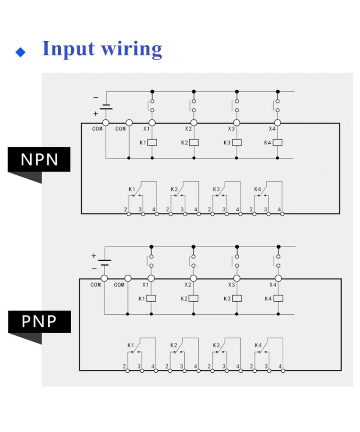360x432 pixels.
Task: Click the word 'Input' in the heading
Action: click(68, 49)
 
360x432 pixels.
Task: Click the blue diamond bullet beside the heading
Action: click(21, 52)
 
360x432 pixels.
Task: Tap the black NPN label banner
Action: click(39, 159)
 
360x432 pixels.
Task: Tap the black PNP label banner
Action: click(39, 321)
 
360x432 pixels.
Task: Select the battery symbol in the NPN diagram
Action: click(106, 107)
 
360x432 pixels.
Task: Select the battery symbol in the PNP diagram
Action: click(105, 262)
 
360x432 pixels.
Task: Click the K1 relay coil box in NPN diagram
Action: click(152, 143)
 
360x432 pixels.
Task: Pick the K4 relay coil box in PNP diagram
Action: click(278, 298)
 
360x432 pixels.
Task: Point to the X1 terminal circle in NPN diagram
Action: click(152, 123)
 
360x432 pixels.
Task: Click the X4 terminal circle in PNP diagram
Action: click(278, 278)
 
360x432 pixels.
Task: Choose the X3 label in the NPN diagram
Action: click(231, 129)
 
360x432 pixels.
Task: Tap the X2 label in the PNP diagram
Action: click(188, 285)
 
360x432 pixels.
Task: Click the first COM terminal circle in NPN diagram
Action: click(106, 123)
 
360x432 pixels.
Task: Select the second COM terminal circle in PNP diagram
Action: click(128, 278)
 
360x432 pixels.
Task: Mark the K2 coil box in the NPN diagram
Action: click(194, 143)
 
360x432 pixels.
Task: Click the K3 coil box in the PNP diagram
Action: click(237, 298)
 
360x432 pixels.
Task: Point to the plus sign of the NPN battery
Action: click(96, 114)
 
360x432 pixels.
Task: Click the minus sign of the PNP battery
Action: click(94, 269)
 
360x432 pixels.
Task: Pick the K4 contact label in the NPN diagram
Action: click(258, 189)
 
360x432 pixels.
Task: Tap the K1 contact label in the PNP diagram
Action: click(131, 345)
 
